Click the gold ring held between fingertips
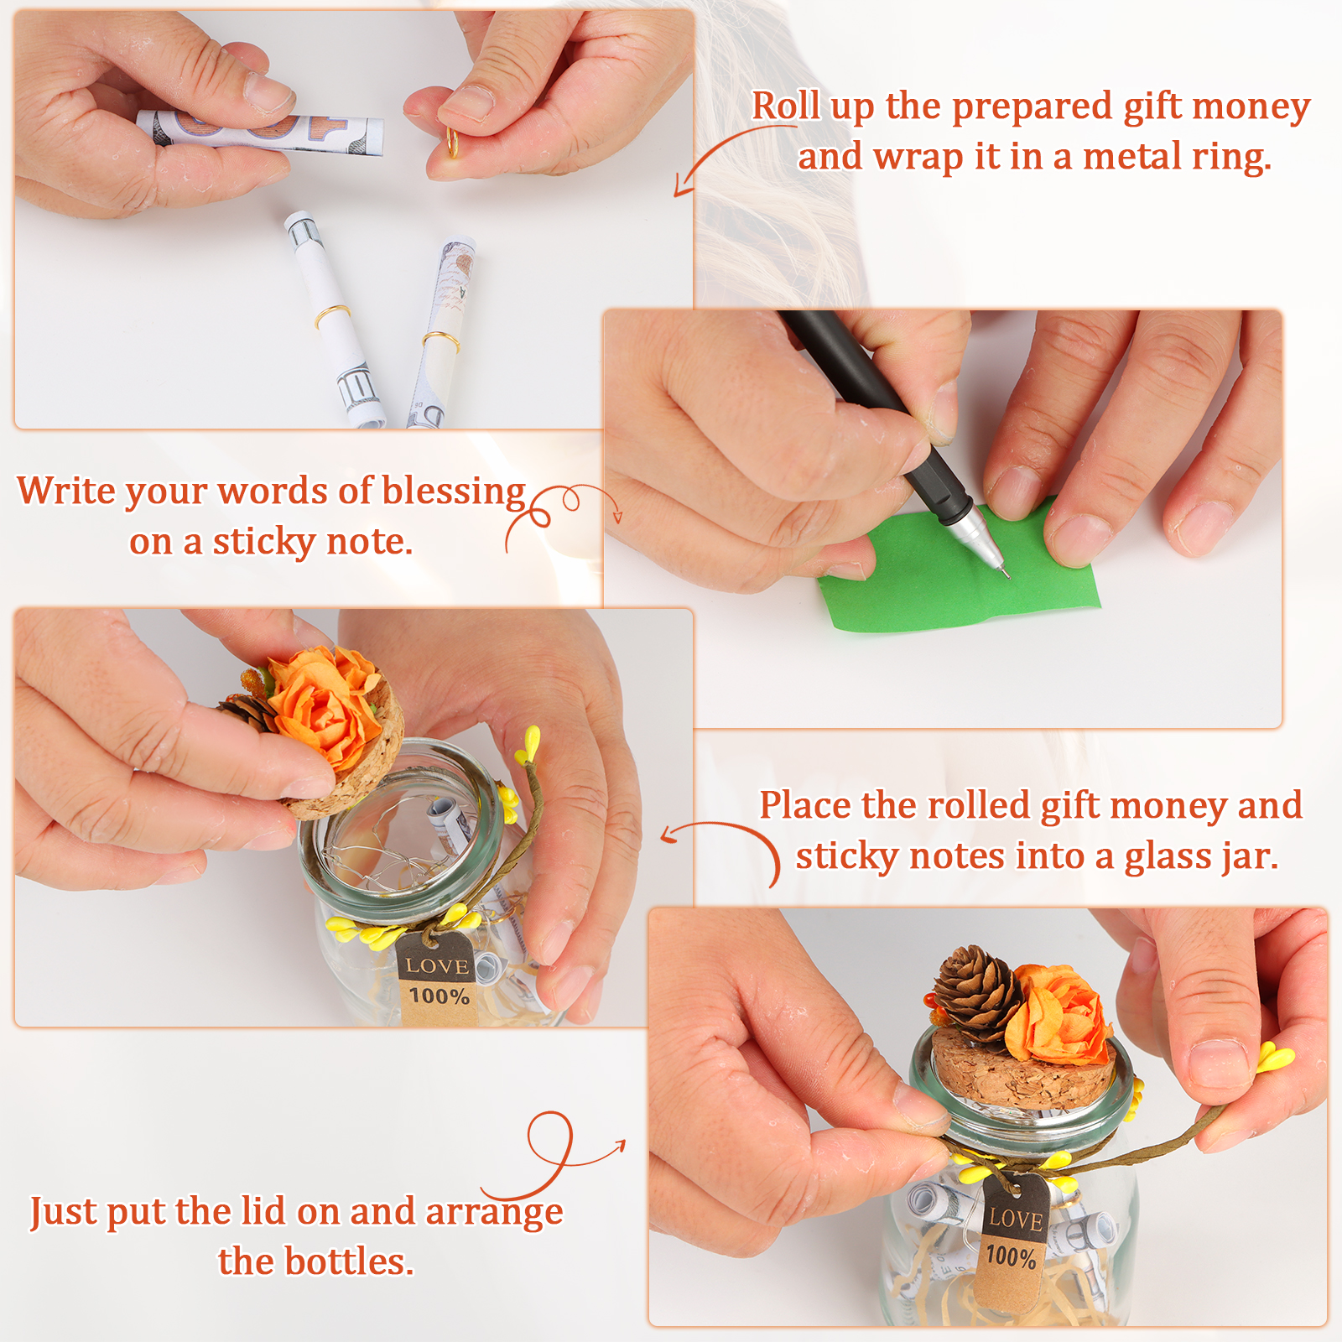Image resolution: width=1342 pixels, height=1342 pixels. [452, 143]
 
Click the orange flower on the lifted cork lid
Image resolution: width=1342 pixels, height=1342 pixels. [323, 705]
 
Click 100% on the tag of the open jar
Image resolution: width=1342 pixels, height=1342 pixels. [439, 996]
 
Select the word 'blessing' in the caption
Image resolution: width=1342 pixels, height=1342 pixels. [454, 492]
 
